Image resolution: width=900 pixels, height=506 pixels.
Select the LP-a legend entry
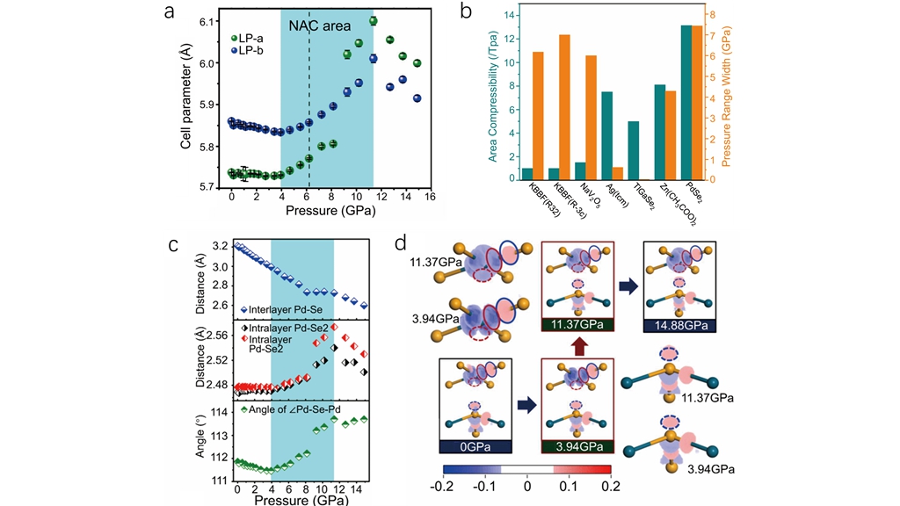point(255,39)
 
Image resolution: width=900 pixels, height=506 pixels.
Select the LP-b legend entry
point(255,51)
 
